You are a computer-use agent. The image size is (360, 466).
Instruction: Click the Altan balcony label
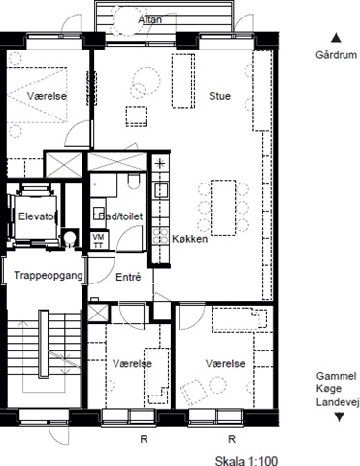coord(150,19)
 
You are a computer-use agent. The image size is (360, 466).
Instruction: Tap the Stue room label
coord(219,96)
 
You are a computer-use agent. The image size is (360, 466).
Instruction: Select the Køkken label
coord(189,239)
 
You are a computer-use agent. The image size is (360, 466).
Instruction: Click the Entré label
coord(128,277)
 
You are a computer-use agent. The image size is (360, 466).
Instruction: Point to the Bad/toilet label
coord(120,216)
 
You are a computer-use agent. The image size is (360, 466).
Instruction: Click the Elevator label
coord(38,216)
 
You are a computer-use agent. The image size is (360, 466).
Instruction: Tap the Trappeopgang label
coord(49,276)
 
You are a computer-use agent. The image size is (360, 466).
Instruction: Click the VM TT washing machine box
coord(98,241)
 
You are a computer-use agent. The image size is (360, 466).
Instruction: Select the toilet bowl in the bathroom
coord(133,182)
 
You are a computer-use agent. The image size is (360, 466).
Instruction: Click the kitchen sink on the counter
coord(161,190)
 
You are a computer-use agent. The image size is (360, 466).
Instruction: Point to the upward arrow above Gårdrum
coord(336,38)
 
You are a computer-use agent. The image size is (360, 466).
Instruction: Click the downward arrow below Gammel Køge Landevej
coord(339,416)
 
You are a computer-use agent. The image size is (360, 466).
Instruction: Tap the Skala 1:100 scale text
coord(246,460)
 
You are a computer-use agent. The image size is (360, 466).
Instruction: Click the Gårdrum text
coord(337,55)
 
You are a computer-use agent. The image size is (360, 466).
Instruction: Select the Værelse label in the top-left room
coord(47,96)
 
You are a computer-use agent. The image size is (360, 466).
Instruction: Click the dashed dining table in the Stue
coord(223,208)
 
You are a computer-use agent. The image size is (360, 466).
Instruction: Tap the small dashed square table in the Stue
coord(136,116)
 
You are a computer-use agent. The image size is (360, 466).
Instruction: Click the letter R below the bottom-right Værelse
coord(232,439)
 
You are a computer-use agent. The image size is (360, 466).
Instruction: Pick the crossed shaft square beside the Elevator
coord(63,165)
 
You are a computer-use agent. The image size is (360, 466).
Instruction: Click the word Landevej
coord(338,402)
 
